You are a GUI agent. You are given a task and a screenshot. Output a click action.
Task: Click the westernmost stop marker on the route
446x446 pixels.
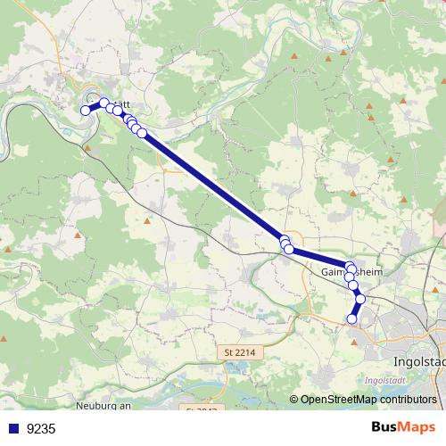[87, 111]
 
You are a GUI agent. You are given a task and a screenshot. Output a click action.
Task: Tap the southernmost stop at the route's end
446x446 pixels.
[352, 318]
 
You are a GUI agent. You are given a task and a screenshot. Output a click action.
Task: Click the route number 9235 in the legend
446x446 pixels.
[41, 429]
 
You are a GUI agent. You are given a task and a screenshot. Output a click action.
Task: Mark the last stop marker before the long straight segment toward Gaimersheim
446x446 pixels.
[142, 133]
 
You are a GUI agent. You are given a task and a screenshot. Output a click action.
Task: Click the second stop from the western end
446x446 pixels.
[103, 103]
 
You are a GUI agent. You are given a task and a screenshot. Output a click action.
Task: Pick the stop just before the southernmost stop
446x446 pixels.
[360, 300]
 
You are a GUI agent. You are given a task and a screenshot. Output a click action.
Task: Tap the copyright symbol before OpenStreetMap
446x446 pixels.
[294, 400]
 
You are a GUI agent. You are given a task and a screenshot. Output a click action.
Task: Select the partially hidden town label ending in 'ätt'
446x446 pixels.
[120, 105]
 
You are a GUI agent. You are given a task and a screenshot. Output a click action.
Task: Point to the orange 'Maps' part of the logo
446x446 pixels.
[417, 428]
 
